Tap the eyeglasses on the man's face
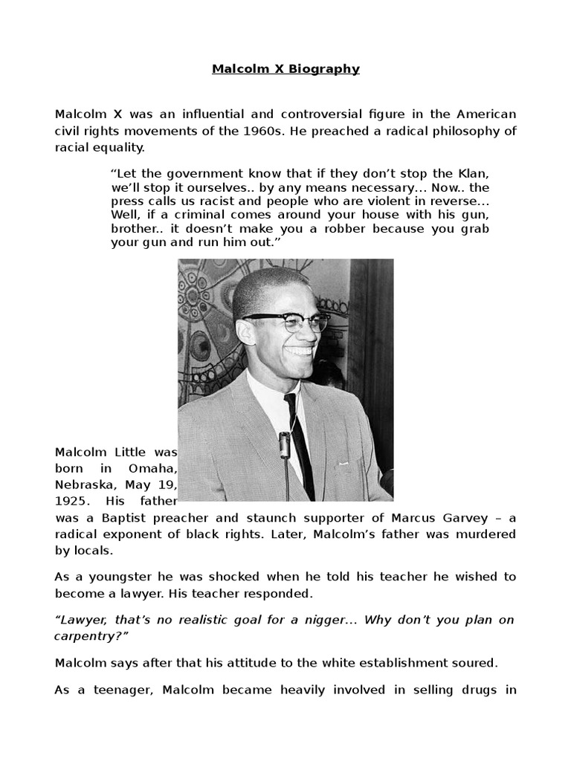click(x=286, y=321)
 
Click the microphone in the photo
click(x=284, y=446)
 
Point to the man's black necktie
click(x=300, y=438)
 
